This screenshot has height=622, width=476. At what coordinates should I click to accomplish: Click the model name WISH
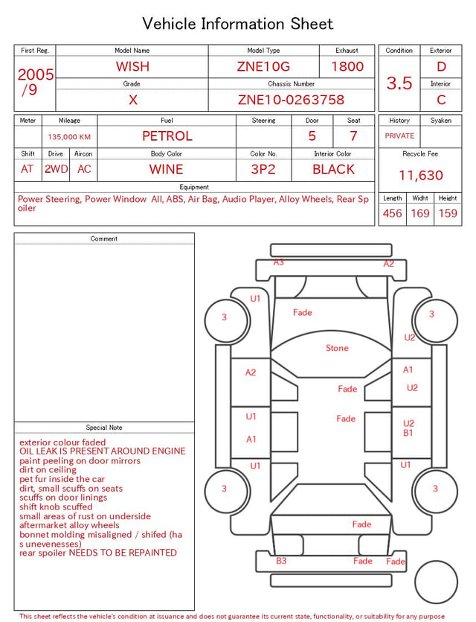(132, 66)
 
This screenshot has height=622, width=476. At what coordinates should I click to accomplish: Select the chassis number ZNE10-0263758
(291, 100)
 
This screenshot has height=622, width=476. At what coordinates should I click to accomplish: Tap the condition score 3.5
(399, 83)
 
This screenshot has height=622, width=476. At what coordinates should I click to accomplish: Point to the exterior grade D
(441, 66)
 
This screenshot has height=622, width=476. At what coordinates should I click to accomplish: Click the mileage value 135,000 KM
(69, 137)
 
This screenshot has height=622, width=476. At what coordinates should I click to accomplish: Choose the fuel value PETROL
(167, 136)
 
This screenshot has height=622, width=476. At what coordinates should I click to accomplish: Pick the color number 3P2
(263, 169)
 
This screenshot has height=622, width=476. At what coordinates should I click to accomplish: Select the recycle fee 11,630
(420, 175)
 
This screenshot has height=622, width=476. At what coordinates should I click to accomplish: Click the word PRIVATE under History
(399, 136)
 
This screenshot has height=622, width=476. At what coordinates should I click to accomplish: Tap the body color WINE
(167, 169)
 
